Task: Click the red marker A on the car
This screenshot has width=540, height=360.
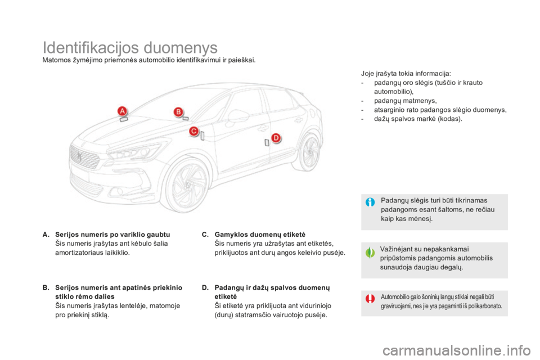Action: pyautogui.click(x=122, y=111)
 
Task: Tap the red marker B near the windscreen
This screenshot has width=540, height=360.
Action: pyautogui.click(x=178, y=111)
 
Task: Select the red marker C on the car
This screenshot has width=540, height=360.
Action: pyautogui.click(x=194, y=131)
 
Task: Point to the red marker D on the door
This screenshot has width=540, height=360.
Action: pyautogui.click(x=276, y=138)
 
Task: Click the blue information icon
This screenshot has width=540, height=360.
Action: pyautogui.click(x=370, y=202)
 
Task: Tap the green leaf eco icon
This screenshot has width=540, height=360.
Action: pyautogui.click(x=370, y=253)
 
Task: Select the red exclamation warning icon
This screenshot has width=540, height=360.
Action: pyautogui.click(x=370, y=298)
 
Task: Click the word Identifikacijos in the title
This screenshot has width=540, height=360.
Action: pyautogui.click(x=91, y=48)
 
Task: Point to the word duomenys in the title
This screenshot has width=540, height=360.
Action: pyautogui.click(x=181, y=48)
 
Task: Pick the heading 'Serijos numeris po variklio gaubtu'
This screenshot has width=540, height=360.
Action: pyautogui.click(x=112, y=235)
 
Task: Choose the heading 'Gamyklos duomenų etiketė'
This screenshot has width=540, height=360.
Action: pyautogui.click(x=260, y=235)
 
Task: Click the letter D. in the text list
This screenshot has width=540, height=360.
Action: pyautogui.click(x=205, y=287)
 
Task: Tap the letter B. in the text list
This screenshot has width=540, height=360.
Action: pyautogui.click(x=46, y=287)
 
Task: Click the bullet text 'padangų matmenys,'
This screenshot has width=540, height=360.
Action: pyautogui.click(x=406, y=101)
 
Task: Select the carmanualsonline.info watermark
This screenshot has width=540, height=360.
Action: pyautogui.click(x=457, y=351)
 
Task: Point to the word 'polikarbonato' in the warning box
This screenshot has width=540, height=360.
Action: pyautogui.click(x=484, y=306)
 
